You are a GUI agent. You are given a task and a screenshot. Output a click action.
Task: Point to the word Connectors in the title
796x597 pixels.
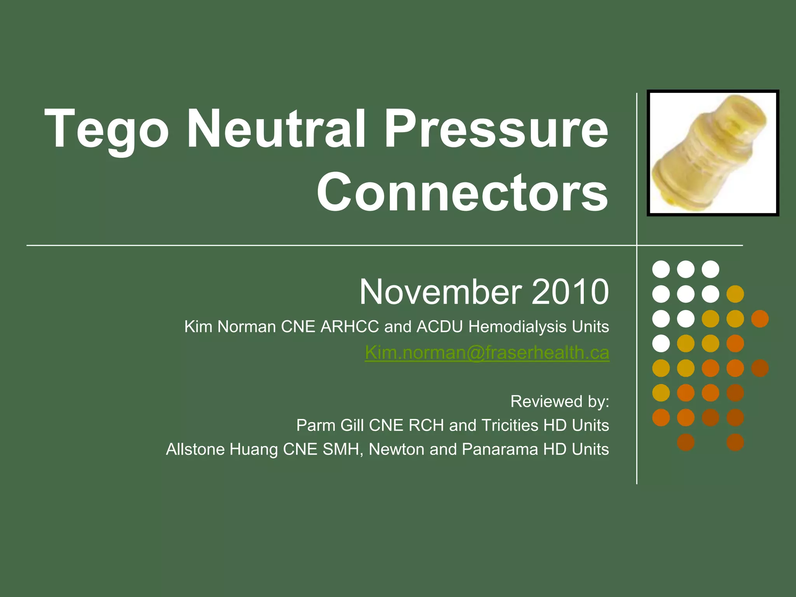coord(462,193)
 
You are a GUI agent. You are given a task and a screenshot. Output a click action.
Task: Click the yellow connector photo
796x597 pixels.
coord(712,153)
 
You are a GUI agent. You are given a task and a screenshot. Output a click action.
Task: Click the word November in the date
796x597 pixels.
coord(440,292)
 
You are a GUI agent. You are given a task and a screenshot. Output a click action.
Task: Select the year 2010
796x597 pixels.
coord(570,292)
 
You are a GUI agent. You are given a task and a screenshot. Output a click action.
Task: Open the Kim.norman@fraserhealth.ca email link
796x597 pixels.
coord(487,353)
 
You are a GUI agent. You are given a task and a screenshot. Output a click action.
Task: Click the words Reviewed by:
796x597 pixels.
coord(559,401)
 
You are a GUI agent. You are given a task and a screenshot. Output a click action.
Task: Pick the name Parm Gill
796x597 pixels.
coord(330,426)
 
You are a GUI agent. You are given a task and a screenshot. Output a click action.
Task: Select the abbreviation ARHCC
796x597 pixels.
coord(349,327)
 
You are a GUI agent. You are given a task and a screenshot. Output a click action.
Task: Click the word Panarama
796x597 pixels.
coord(499,450)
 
